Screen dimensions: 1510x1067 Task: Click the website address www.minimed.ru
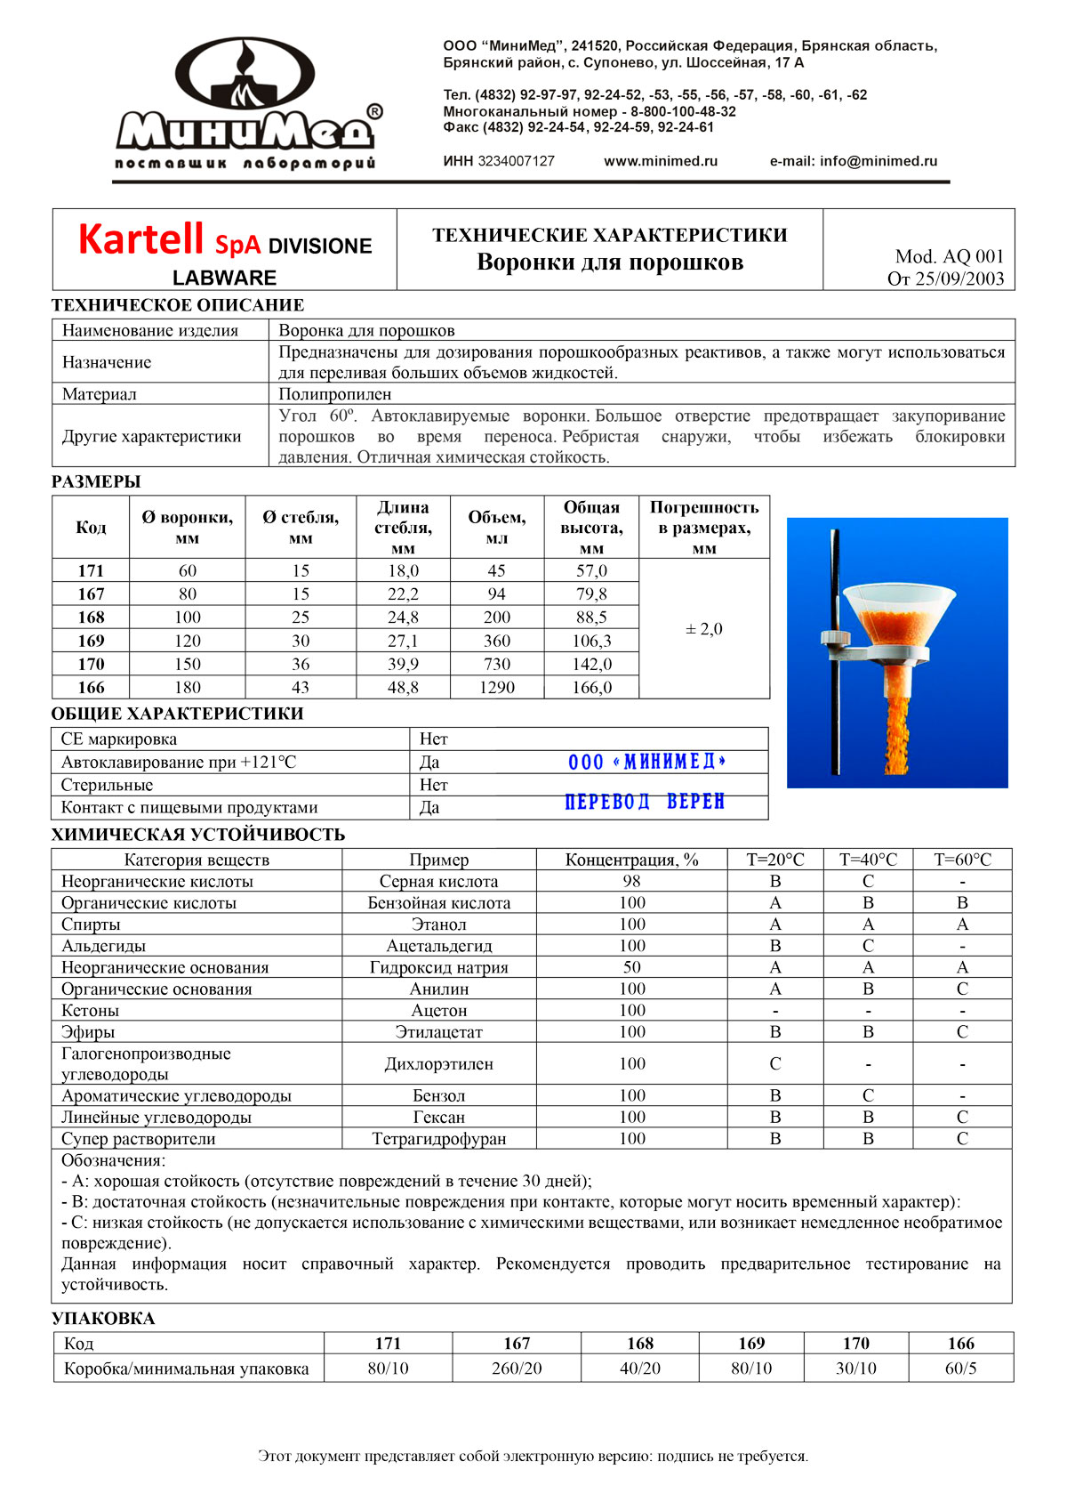point(661,161)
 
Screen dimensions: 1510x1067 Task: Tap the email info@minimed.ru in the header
point(854,161)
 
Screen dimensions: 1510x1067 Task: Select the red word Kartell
point(141,239)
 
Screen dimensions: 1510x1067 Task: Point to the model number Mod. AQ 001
point(949,256)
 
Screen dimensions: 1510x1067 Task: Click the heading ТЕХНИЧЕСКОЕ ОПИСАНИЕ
point(178,305)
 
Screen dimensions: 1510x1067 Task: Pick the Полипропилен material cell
point(335,394)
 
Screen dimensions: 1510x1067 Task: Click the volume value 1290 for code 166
point(497,687)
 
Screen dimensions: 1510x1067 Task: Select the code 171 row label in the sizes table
point(91,570)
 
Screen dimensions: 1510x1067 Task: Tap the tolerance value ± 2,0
point(704,629)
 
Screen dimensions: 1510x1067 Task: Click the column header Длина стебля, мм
point(403,528)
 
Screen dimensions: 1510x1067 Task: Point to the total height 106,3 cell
point(591,641)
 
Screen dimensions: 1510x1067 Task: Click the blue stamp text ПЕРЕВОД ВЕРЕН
point(645,802)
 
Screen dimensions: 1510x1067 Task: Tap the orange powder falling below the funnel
point(898,730)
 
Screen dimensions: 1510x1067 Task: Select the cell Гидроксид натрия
point(439,967)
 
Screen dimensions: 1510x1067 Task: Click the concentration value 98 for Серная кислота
point(632,881)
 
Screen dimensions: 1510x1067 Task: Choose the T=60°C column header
point(962,860)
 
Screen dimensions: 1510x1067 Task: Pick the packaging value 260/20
point(517,1369)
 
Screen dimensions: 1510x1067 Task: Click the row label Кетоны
point(90,1010)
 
